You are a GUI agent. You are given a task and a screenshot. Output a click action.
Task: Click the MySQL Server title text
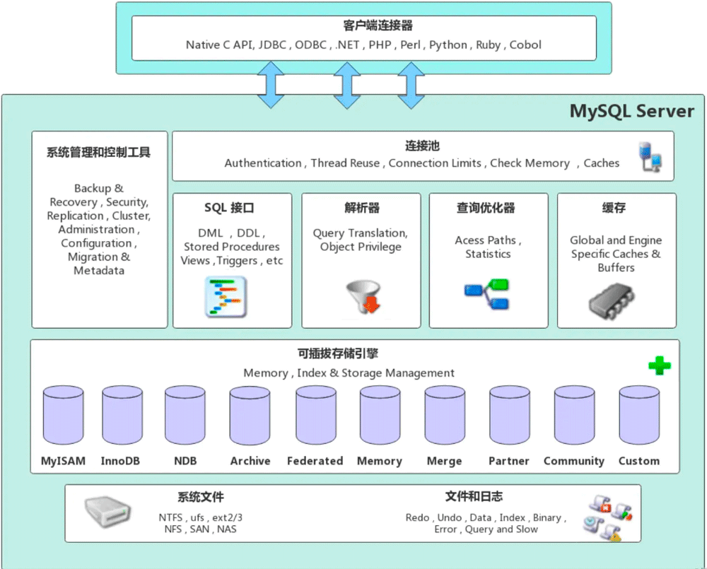(x=631, y=111)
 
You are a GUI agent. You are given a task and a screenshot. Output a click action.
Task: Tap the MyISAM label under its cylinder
(x=63, y=461)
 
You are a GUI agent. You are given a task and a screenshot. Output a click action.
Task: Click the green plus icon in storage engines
(x=659, y=365)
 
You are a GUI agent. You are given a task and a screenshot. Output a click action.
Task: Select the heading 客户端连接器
(x=368, y=25)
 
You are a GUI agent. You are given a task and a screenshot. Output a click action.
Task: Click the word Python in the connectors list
(x=448, y=45)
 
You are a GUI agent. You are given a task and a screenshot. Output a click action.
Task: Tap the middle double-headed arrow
(x=346, y=84)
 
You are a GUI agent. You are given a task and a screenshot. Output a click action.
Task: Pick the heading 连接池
(x=422, y=146)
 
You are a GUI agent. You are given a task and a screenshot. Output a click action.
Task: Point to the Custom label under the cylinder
(x=638, y=461)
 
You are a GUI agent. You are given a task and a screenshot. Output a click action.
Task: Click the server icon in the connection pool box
(x=650, y=158)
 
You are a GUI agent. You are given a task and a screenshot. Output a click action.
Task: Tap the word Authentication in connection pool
(x=262, y=163)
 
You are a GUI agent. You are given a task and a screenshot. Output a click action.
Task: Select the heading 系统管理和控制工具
(x=99, y=153)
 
